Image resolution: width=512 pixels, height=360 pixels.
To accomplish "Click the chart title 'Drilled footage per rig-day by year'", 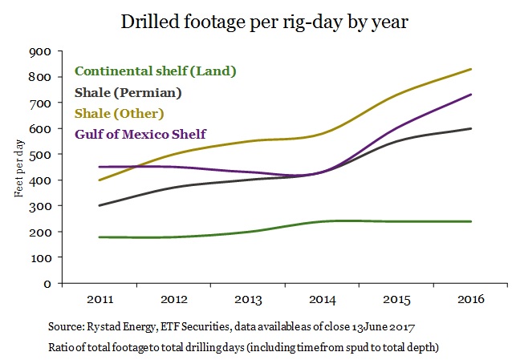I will click(265, 22).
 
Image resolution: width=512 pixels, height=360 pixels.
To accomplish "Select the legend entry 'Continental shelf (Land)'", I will click(155, 71).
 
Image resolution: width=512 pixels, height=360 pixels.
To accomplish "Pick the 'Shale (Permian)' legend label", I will click(128, 92).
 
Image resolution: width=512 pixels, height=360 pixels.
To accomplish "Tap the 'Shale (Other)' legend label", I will click(120, 113).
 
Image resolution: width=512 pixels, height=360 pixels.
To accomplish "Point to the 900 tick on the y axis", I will click(39, 51).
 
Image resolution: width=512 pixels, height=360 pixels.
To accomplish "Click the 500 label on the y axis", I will click(39, 155).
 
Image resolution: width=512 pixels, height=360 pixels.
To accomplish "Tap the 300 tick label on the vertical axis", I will click(39, 206).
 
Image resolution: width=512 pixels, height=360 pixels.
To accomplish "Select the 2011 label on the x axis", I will click(99, 300).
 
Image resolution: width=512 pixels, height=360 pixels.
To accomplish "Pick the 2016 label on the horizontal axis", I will click(470, 300).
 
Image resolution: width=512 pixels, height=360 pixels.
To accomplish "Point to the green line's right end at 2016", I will click(470, 221).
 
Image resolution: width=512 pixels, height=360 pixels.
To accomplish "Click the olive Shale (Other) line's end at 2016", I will click(470, 69).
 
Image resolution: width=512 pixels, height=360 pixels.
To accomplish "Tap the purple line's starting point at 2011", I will click(99, 167).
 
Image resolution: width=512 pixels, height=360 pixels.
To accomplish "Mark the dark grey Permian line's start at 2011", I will click(99, 205).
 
